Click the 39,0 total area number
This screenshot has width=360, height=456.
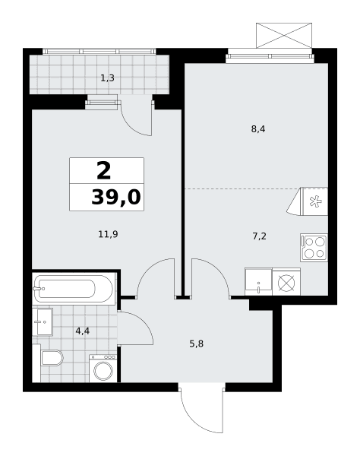[x=116, y=197]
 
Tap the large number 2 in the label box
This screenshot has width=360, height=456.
[x=104, y=171]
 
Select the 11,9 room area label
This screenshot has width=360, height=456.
[x=108, y=234]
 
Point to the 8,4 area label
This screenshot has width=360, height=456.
[x=258, y=129]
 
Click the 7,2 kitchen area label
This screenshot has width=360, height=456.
[x=259, y=236]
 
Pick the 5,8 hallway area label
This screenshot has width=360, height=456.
[x=197, y=344]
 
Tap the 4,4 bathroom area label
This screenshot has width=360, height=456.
[x=83, y=331]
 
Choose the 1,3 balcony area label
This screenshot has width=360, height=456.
[x=108, y=78]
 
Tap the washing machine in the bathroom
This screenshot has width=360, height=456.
[x=103, y=369]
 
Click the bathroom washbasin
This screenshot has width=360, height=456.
[x=43, y=321]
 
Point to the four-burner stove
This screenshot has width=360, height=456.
[x=314, y=247]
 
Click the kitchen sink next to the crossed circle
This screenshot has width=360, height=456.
[x=258, y=281]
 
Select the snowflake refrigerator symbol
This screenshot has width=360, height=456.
[x=315, y=201]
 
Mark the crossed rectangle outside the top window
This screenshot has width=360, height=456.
[x=284, y=35]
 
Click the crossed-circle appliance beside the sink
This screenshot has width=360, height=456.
[x=286, y=283]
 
